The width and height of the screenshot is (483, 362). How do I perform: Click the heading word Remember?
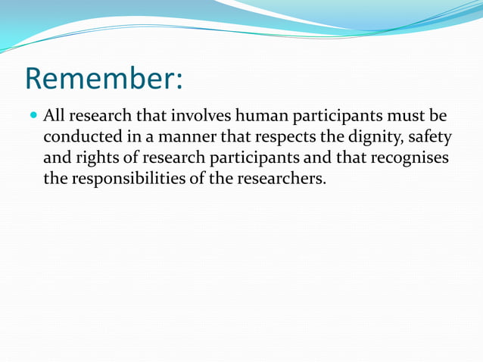point(100,79)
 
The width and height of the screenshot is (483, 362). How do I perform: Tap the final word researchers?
point(282,180)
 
